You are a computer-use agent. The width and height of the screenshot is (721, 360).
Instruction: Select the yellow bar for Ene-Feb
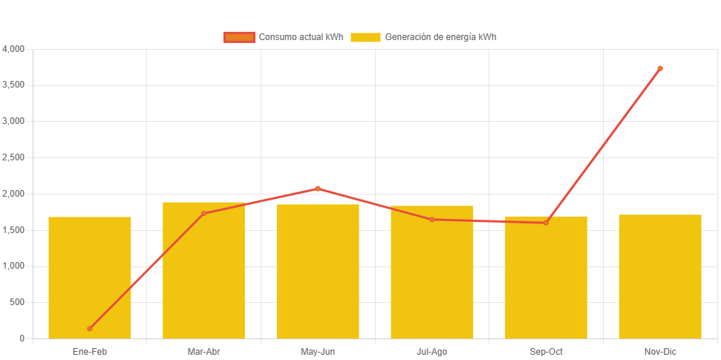(x=90, y=278)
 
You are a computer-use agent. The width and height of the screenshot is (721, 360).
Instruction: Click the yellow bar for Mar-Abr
(x=203, y=270)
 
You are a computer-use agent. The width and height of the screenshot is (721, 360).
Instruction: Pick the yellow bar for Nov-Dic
(x=660, y=276)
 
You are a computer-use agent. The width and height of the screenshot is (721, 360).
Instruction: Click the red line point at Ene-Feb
(x=90, y=328)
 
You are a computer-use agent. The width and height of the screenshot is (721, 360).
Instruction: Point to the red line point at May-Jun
(x=318, y=189)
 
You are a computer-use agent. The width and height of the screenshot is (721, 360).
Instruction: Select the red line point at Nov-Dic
(x=660, y=68)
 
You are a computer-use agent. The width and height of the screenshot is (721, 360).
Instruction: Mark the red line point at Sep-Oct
(x=546, y=223)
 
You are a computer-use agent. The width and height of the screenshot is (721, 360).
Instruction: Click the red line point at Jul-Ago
(x=432, y=219)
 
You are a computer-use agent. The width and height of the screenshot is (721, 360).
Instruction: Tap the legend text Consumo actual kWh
(x=301, y=37)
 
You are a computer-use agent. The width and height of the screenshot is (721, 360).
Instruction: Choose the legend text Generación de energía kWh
(x=440, y=37)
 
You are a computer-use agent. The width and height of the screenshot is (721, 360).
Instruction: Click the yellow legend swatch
(x=365, y=37)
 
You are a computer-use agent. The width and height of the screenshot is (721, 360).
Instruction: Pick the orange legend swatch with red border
(x=239, y=37)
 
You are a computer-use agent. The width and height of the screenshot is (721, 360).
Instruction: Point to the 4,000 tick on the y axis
(x=14, y=49)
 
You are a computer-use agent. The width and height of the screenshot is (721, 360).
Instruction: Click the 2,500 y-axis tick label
(x=14, y=157)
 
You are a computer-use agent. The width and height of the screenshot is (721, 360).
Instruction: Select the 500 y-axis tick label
(x=17, y=302)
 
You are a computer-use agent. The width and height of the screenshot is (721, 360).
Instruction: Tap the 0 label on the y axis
(x=22, y=338)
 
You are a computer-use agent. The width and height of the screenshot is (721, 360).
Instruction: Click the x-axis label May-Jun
(x=318, y=352)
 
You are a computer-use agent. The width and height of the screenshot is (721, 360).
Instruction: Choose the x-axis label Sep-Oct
(x=546, y=352)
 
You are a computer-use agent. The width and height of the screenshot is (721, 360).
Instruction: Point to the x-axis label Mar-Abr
(x=203, y=352)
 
